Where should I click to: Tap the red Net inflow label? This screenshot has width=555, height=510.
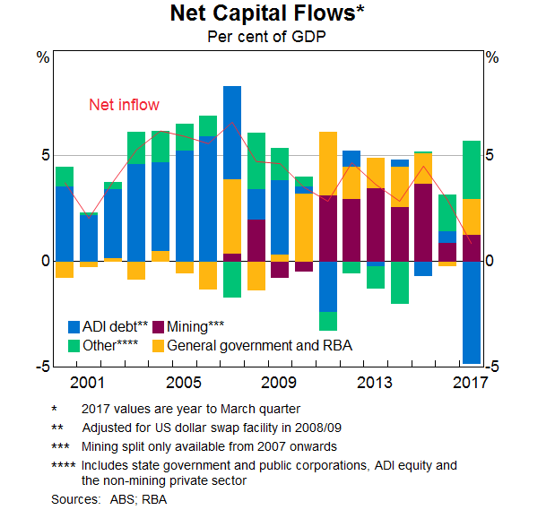coord(124,105)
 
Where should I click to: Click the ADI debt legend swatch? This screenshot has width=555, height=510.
coord(74,327)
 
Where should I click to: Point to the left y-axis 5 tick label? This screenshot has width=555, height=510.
coord(43,155)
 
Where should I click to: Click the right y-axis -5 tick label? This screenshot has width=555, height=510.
coord(490,367)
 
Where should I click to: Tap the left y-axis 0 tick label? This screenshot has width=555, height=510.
coord(43,261)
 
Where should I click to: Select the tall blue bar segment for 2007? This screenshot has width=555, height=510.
coord(232,133)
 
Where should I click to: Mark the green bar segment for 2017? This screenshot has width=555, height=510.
coord(471,169)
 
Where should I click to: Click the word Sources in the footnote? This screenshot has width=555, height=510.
coord(75,499)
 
